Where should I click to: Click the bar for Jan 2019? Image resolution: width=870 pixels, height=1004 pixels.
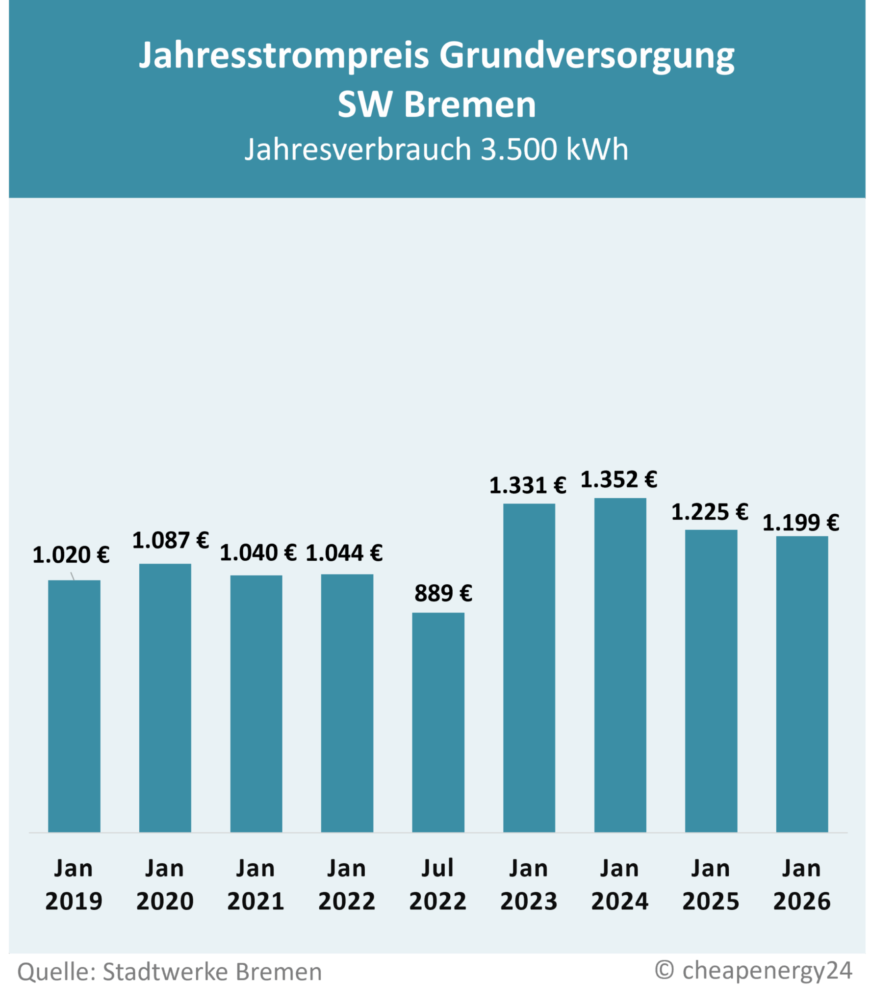74,706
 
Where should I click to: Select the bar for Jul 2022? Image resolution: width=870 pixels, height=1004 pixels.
438,722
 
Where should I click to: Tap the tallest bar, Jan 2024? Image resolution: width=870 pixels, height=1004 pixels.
620,665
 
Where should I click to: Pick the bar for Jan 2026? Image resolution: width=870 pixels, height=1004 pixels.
802,684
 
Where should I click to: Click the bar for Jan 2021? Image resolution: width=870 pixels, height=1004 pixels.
256,703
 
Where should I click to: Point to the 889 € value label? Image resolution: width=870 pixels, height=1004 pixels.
443,593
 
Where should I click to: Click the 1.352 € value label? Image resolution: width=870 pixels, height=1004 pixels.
618,479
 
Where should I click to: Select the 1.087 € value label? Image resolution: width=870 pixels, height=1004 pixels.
170,540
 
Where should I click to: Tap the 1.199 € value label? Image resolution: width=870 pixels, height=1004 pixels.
800,523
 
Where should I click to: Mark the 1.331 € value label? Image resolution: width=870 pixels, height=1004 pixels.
528,485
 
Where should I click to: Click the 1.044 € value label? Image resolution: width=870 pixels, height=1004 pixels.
344,553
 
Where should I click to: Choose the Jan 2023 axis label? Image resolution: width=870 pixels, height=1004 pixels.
529,885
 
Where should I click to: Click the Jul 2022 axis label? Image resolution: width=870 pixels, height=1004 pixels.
437,885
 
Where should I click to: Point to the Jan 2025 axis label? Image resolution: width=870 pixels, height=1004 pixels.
711,885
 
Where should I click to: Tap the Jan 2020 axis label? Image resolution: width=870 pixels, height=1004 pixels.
165,885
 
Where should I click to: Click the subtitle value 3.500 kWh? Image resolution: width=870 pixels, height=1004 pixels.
554,149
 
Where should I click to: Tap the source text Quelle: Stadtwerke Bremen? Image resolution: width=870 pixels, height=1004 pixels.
169,972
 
